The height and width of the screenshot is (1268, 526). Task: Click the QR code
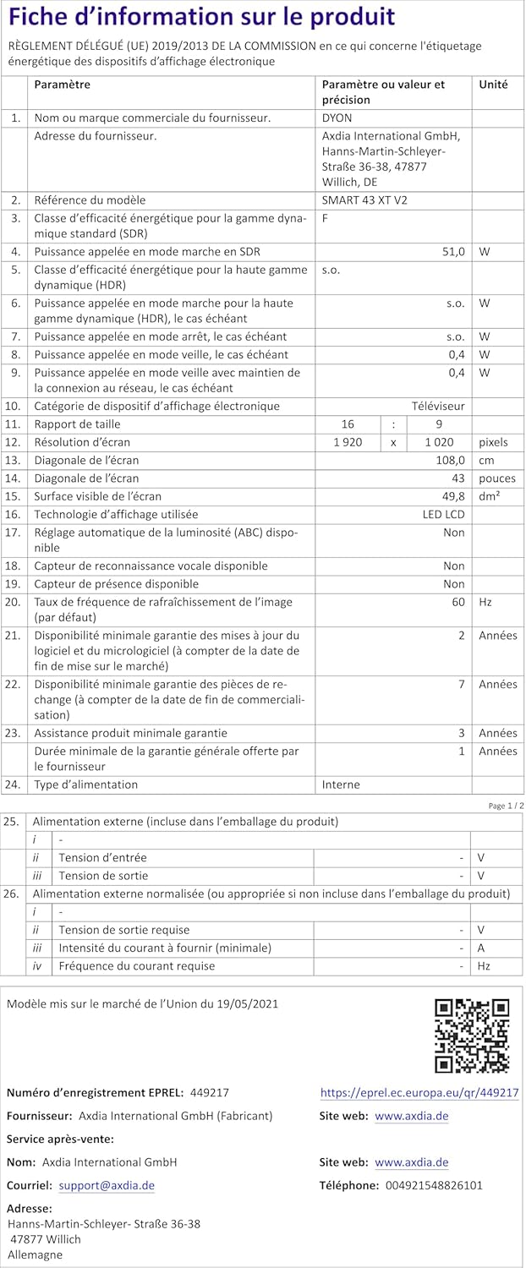(x=471, y=1036)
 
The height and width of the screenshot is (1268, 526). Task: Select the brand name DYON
(x=337, y=118)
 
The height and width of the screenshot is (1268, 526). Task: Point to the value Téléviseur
(x=438, y=407)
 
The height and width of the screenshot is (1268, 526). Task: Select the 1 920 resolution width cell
(x=348, y=442)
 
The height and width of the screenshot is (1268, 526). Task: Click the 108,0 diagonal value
(x=449, y=461)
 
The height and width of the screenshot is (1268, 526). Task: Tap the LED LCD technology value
(x=443, y=514)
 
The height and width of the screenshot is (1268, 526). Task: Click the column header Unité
(x=493, y=85)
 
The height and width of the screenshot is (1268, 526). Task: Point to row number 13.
(x=13, y=461)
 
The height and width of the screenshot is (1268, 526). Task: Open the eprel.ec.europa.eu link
(x=419, y=1093)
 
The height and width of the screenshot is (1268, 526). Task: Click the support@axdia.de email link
(x=107, y=1185)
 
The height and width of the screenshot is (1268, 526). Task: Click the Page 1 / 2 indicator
(x=506, y=806)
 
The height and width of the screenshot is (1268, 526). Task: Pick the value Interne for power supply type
(x=341, y=784)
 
